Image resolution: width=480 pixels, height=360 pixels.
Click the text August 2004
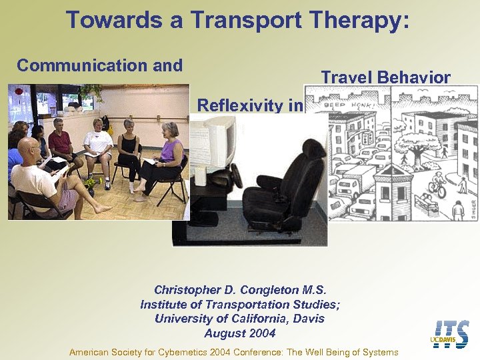(x=239, y=333)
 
